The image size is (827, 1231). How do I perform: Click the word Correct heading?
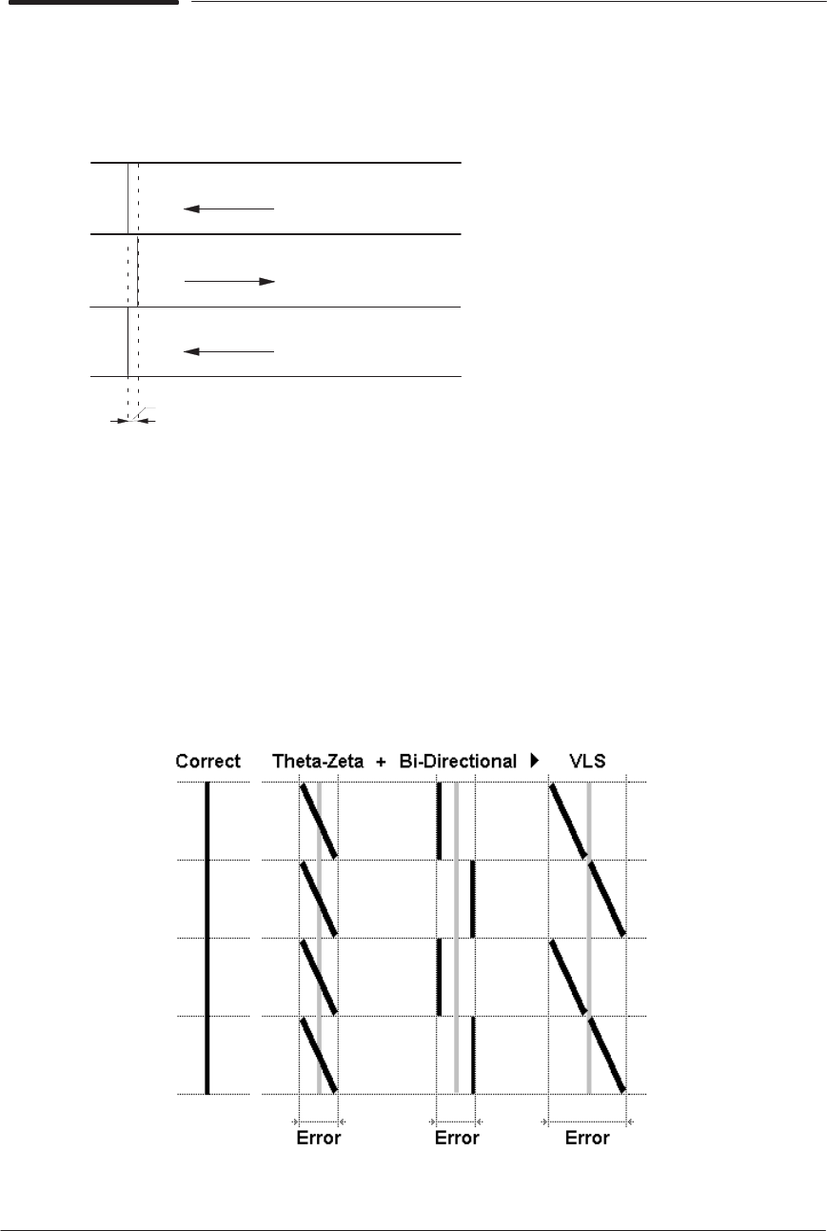[x=208, y=761]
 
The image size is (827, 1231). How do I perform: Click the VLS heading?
[x=590, y=761]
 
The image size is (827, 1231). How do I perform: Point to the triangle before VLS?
[x=535, y=761]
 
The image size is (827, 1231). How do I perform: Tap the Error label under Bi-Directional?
[x=456, y=1138]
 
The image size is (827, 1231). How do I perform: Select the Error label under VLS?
[x=587, y=1138]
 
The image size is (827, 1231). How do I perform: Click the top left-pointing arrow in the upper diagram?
[x=228, y=208]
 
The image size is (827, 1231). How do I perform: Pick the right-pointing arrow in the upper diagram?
[x=228, y=282]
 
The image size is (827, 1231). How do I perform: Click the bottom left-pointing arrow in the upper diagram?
[x=228, y=351]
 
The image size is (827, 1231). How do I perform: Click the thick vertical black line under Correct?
[x=207, y=938]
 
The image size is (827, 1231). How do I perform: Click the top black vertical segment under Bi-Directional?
[x=439, y=821]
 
